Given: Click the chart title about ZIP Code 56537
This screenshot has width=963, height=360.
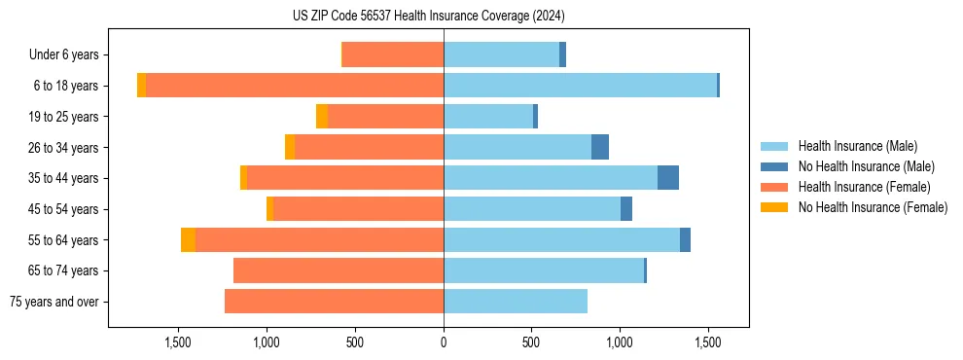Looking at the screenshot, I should [428, 16].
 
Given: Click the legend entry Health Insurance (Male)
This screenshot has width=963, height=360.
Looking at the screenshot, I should [857, 146].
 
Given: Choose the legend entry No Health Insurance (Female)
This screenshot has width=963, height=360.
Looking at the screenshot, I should [873, 207].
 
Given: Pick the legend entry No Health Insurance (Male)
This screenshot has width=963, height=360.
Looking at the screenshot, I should [866, 166].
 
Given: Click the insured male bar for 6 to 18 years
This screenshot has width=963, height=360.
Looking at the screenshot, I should [580, 86].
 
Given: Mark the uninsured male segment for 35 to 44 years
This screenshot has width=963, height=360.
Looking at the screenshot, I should [668, 178].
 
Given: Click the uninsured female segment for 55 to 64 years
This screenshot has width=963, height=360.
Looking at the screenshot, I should [188, 240].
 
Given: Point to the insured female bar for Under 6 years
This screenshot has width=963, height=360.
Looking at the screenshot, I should [393, 54].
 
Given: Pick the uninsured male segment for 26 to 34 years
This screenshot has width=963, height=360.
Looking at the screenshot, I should [600, 147].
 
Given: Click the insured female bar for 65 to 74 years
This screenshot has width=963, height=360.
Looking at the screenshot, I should [339, 270].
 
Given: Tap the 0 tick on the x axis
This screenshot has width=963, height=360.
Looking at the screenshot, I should [444, 342].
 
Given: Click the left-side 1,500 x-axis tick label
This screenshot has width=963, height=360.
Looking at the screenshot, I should [178, 342].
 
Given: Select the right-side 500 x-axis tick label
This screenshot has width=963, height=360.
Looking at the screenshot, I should [531, 342].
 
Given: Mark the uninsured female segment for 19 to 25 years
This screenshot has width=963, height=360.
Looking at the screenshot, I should [322, 117].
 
